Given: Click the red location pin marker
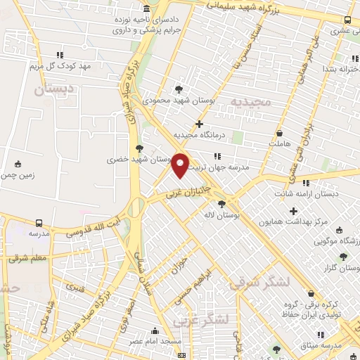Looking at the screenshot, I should tap(181, 166).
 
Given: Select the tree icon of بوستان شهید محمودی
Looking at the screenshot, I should tap(180, 89).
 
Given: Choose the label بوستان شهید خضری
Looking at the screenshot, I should tap(110, 160).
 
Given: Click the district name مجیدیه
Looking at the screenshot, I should tap(251, 103).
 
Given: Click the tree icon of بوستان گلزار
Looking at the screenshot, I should tap(343, 257).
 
